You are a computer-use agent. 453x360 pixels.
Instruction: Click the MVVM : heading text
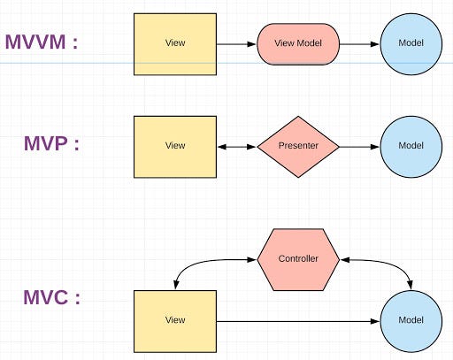coord(42,42)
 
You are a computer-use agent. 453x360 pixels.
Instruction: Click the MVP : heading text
coord(51,144)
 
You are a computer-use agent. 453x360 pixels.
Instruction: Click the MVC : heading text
coord(51,297)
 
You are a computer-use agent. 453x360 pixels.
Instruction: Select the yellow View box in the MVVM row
coord(174,43)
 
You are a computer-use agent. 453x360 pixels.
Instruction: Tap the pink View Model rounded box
coord(298,43)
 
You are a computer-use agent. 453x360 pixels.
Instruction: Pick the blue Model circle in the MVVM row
coord(411,43)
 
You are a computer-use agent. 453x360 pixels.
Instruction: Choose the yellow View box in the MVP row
coord(174,146)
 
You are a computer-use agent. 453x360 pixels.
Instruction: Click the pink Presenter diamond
coord(298,146)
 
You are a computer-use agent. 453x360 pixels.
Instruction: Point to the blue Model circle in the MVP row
coord(411,146)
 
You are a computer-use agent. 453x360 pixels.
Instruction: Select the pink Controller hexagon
coord(298,259)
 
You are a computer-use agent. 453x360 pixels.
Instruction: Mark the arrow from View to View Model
coord(236,43)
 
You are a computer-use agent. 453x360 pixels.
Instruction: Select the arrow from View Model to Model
coord(359,43)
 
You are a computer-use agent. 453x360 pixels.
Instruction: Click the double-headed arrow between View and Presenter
coord(236,146)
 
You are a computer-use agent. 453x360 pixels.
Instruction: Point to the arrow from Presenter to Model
coord(359,146)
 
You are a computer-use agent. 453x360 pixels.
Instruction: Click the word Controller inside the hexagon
coord(298,259)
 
